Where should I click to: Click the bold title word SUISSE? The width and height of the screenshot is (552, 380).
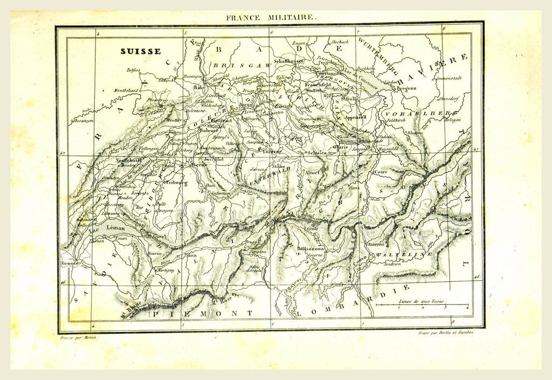[x=140, y=52]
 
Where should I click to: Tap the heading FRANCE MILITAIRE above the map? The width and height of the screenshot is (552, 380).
[x=272, y=17]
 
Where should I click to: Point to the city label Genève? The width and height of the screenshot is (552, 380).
[x=71, y=263]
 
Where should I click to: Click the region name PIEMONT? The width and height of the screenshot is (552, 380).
[x=203, y=313]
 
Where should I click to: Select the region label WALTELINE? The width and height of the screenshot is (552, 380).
[x=397, y=254]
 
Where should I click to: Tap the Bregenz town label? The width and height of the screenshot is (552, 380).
[x=407, y=87]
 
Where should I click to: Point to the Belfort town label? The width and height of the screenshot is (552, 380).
[x=133, y=70]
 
